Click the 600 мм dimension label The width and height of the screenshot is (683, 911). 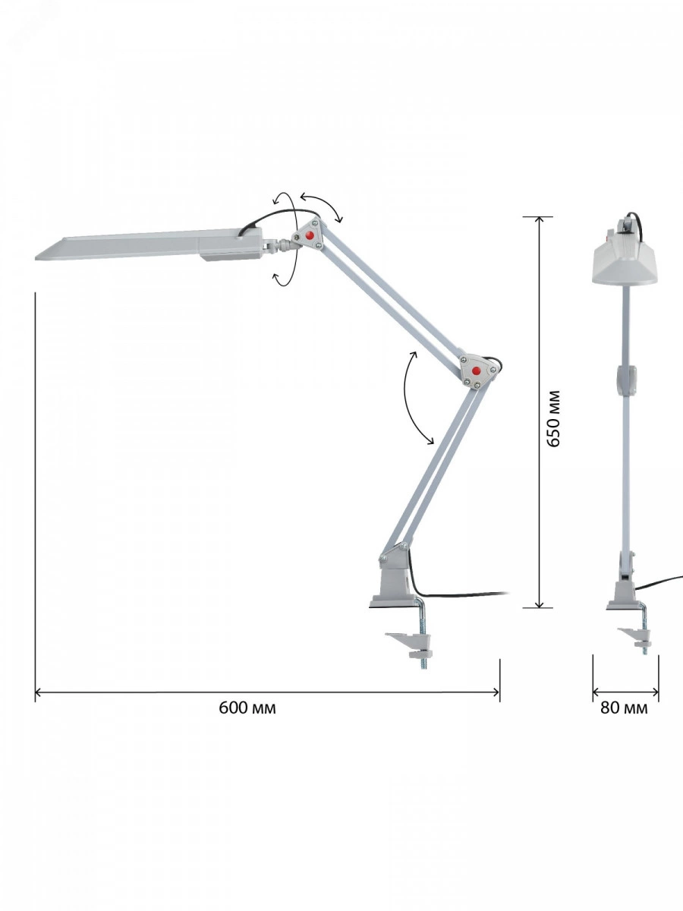[247, 708]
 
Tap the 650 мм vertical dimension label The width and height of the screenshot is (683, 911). [553, 418]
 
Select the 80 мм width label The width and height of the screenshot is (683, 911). [624, 708]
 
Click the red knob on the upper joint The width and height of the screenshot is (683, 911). [310, 236]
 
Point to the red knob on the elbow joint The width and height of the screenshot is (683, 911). [476, 370]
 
